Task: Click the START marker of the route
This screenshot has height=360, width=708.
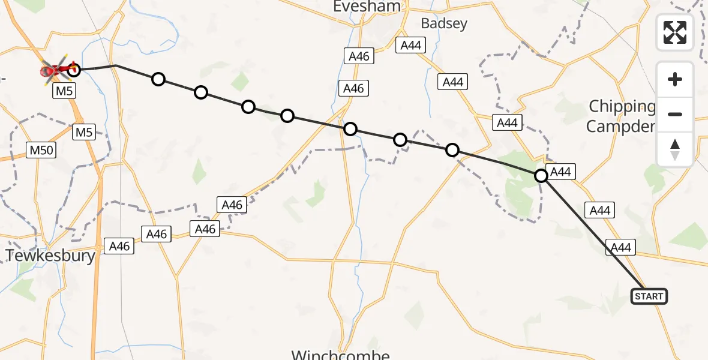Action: [649, 296]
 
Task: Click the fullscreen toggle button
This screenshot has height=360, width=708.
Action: [675, 32]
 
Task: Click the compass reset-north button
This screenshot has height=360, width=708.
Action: [675, 149]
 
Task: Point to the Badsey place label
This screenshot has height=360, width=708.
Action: [444, 23]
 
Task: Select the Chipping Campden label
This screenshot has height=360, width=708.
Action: [622, 116]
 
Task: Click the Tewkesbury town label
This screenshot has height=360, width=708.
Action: [50, 256]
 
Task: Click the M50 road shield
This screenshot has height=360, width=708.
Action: [41, 150]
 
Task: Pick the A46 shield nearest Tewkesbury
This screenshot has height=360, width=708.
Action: [118, 245]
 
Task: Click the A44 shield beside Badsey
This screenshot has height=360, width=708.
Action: [412, 45]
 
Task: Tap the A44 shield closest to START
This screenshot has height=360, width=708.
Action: [620, 247]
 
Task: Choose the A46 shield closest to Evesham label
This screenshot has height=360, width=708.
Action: [359, 56]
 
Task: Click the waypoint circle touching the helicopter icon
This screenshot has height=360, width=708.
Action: [74, 70]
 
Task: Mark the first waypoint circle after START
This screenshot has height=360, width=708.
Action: [541, 175]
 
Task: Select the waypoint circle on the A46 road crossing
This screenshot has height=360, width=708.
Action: [350, 129]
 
